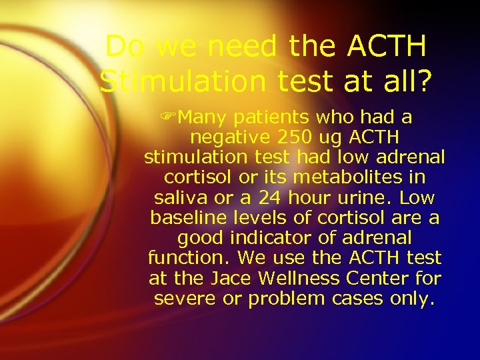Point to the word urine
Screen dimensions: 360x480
tap(357, 198)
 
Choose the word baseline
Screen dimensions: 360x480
tap(181, 218)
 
